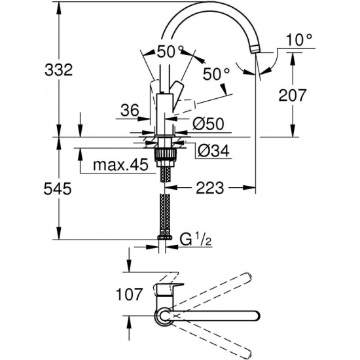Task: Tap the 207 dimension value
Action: click(292, 95)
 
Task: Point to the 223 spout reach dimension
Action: click(208, 188)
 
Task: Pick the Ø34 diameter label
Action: click(211, 152)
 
